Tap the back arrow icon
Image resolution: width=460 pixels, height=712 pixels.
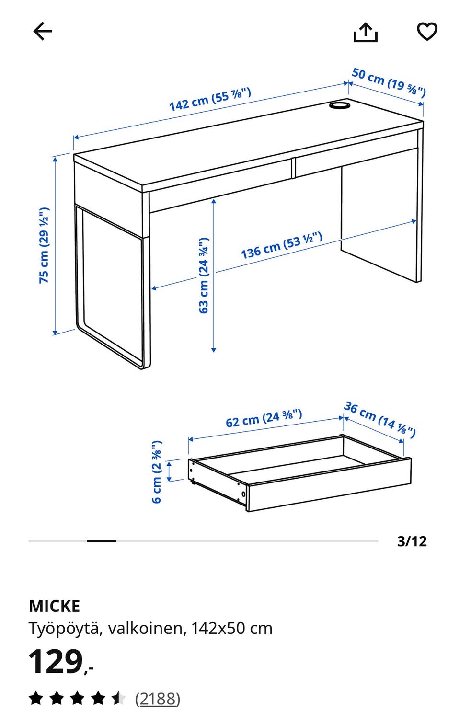coord(43,31)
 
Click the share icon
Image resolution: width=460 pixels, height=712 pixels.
coord(366,32)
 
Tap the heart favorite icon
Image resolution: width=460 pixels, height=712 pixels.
coord(427,32)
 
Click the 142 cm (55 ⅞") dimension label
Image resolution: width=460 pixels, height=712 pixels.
coord(210,99)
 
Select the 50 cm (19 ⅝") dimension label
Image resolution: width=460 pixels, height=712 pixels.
coord(389,82)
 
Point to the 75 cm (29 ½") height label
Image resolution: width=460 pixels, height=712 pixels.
coord(44,245)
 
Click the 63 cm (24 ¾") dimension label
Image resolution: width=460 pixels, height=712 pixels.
coord(204,275)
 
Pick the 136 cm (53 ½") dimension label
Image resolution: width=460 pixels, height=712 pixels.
coord(282,245)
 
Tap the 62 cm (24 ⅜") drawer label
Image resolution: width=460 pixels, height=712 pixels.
coord(264,418)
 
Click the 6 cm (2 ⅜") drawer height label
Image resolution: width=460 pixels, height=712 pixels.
coord(157,471)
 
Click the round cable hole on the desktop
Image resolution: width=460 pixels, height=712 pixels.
coord(340,105)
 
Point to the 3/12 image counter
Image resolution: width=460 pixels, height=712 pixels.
coord(412,541)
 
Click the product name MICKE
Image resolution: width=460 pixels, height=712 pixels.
coord(54,606)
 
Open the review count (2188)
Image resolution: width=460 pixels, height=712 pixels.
coord(158,698)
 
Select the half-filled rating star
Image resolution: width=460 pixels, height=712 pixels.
coord(118,698)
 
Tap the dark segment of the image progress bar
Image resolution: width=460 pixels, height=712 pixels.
coord(101,541)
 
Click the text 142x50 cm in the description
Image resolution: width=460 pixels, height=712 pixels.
coord(232,629)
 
